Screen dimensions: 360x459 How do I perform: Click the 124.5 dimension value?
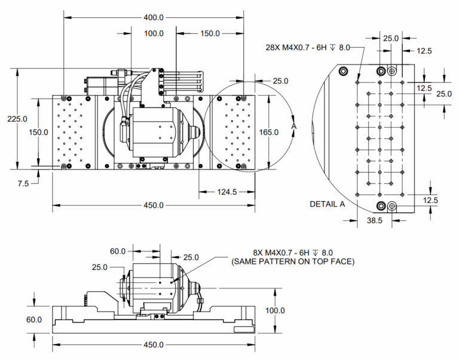click(x=225, y=192)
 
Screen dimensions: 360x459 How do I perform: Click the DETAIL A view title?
click(x=328, y=204)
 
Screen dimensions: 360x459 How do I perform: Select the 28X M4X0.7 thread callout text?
click(x=307, y=47)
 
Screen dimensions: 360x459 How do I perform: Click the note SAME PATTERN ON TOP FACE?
click(x=292, y=261)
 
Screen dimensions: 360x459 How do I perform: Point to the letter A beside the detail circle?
click(x=293, y=127)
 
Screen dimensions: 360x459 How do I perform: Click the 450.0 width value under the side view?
click(x=154, y=344)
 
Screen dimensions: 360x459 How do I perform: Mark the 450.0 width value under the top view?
click(x=154, y=205)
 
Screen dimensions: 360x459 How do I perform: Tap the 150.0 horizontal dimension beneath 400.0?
click(x=209, y=33)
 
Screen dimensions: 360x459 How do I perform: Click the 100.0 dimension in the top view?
click(x=154, y=33)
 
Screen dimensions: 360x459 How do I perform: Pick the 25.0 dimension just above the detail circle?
click(x=280, y=81)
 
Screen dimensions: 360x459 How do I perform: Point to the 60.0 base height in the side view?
click(x=34, y=319)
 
